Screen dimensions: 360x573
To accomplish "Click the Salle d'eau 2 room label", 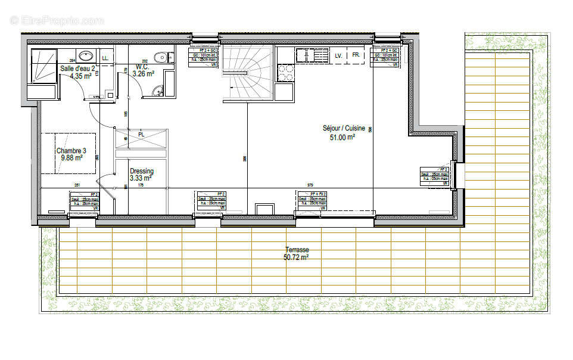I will coord(77,69).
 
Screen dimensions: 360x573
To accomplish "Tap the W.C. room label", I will coord(142,67).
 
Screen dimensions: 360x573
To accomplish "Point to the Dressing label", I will coord(141,170).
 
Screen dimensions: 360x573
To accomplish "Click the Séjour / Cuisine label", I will coord(342,129).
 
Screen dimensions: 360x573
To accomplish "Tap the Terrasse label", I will coord(296,250).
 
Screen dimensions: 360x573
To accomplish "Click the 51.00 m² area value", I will coord(342,137).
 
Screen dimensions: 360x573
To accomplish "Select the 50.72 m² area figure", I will coord(296,258).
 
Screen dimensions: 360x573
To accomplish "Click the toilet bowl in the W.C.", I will coord(160,57).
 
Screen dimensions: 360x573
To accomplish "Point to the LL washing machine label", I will coord(105,58).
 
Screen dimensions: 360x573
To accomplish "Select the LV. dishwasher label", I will coord(338,55).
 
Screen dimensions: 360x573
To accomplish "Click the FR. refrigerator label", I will coord(356,55).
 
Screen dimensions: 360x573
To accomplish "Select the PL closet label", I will coord(141,135).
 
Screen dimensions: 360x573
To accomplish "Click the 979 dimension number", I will coord(310,185).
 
